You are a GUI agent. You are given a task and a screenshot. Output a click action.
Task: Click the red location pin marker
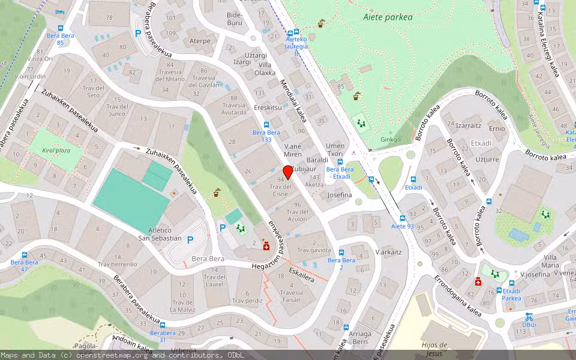(x=288, y=172)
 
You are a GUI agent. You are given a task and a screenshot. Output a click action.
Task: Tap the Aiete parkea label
(x=388, y=17)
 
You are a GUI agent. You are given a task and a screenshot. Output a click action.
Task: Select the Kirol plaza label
(x=56, y=150)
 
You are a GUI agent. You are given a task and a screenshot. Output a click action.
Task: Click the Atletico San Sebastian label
(x=160, y=234)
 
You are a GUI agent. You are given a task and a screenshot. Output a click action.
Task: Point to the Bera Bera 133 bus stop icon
(x=266, y=124)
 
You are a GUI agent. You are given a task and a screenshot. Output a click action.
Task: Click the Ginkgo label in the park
(x=390, y=140)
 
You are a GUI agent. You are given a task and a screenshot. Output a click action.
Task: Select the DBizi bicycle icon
(x=529, y=316)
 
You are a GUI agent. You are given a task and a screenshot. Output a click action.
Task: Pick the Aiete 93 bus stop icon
(x=403, y=218)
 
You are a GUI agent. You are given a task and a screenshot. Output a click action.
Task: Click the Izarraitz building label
(x=469, y=126)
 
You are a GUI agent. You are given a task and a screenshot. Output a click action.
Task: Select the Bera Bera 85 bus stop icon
(x=60, y=28)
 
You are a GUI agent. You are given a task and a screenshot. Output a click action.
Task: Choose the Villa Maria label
(x=550, y=261)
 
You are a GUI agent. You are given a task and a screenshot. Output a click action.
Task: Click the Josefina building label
(x=340, y=195)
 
